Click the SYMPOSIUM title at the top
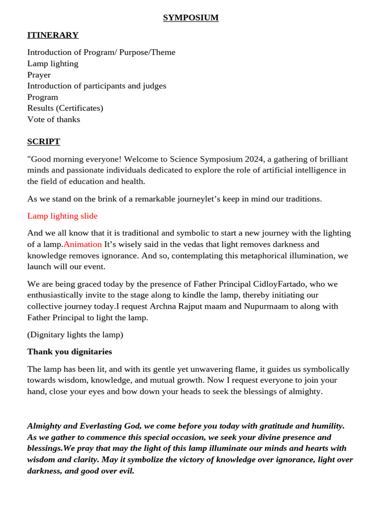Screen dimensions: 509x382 tap(191, 18)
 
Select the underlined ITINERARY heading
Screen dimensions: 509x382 tap(53, 35)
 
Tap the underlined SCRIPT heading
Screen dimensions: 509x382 tap(44, 142)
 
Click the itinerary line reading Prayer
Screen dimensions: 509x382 tap(39, 75)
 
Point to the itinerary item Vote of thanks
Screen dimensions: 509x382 tap(54, 119)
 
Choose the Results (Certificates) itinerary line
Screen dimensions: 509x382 tap(65, 108)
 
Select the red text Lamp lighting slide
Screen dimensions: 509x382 tap(62, 216)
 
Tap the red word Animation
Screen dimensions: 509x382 tap(83, 245)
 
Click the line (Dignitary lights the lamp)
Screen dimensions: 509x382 tap(75, 335)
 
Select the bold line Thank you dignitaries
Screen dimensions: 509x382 tap(70, 352)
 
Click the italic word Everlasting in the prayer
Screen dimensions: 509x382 tap(103, 426)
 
